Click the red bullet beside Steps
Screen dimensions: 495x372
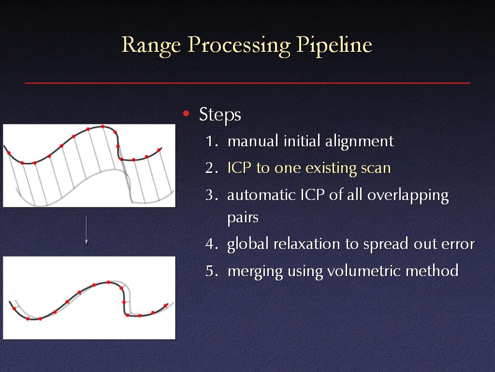[186, 113]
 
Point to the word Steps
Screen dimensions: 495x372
[220, 115]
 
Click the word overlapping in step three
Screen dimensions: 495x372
[408, 196]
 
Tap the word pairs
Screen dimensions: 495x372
[243, 218]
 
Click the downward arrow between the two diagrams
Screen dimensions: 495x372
[86, 230]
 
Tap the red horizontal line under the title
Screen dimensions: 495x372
[247, 83]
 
